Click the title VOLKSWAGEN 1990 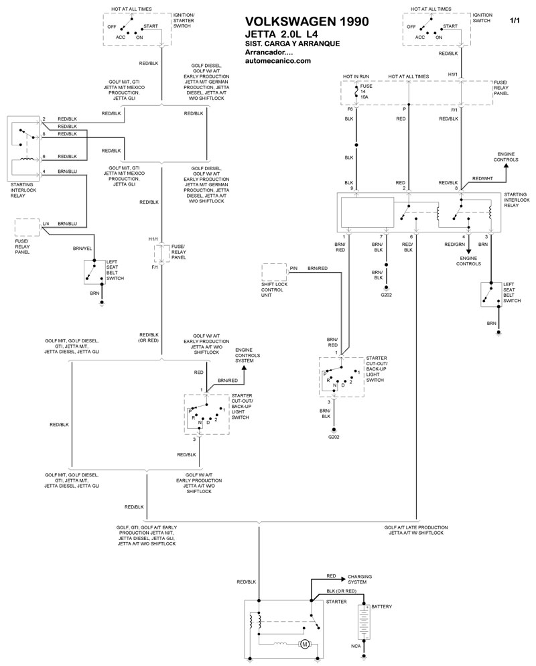coord(307,21)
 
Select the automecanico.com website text coord(278,61)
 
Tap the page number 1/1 coord(515,20)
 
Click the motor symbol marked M coord(304,645)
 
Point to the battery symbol coord(364,622)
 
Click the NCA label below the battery coord(356,646)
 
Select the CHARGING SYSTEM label coord(360,579)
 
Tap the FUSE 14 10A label coord(366,91)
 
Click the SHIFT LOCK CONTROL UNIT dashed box coord(275,272)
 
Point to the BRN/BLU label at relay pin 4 coord(68,172)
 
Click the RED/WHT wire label coord(482,178)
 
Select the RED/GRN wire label coord(454,245)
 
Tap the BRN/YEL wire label coord(82,249)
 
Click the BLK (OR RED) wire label coord(342,591)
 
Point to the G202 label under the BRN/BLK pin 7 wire coord(386,295)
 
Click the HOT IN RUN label coord(356,76)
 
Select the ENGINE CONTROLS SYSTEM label coord(248,355)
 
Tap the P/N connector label coord(293,269)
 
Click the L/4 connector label coord(46,223)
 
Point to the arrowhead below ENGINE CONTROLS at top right coord(506,167)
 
